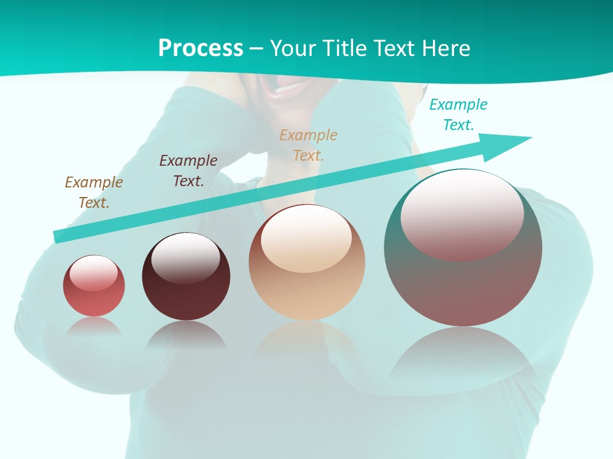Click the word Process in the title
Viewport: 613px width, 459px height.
coord(201,48)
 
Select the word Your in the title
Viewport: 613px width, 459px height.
coord(293,48)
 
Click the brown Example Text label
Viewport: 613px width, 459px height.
coord(94,193)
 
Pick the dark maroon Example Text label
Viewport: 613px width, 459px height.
coord(188,171)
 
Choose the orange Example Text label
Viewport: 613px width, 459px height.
coord(308,145)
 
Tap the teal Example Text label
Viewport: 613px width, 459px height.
coord(458,115)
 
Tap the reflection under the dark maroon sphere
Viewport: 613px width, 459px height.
coord(186,335)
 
